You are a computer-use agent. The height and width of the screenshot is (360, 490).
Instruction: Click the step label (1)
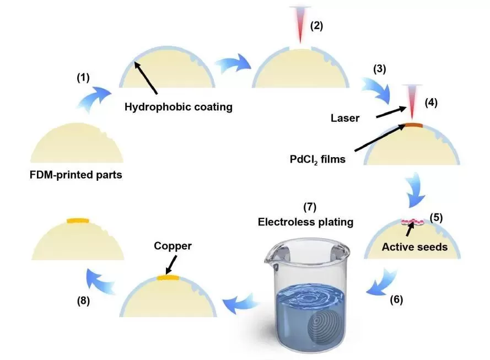(83, 78)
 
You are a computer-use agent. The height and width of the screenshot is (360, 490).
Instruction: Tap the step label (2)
(317, 25)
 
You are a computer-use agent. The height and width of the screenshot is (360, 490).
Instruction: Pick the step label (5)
(437, 217)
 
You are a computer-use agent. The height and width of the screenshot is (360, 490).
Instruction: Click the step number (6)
(397, 300)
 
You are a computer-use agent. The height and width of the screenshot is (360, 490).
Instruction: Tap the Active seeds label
(414, 247)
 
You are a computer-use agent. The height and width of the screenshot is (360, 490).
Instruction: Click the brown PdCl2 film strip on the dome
(413, 126)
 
